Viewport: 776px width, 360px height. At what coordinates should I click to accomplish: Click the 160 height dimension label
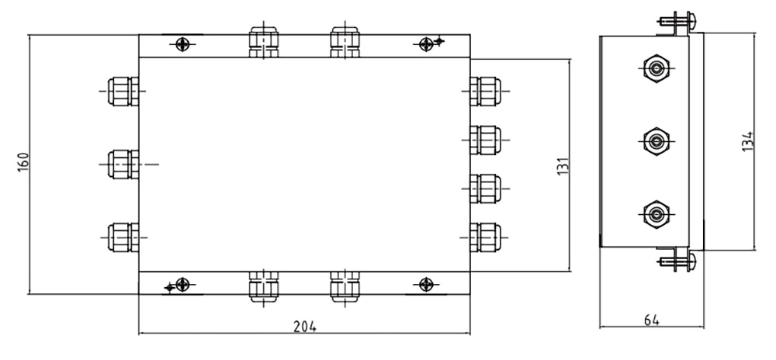pos(23,162)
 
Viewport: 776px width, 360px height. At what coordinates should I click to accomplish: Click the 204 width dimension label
pos(305,327)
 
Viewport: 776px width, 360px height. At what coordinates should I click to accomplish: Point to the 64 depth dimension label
pos(652,320)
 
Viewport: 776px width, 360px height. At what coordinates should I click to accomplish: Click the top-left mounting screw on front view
pos(182,44)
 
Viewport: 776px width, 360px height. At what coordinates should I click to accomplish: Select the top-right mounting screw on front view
pos(426,44)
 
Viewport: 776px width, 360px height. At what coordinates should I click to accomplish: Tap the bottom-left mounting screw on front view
pos(182,284)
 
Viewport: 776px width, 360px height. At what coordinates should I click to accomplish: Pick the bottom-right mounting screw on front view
pos(426,284)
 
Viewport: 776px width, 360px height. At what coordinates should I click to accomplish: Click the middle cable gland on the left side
pos(123,164)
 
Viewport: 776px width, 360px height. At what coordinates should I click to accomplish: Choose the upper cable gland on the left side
pos(123,92)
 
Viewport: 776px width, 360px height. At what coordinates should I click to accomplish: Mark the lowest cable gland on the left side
pos(123,238)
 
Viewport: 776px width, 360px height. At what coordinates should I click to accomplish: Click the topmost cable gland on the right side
pos(486,91)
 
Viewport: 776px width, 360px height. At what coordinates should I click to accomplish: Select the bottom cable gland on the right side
pos(486,238)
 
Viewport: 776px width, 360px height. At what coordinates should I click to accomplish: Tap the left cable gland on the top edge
pos(264,42)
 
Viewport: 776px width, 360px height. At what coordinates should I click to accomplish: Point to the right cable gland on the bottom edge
pos(345,286)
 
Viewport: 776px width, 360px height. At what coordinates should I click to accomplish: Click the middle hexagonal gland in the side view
pos(656,141)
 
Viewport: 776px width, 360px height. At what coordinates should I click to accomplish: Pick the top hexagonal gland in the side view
pos(656,69)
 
